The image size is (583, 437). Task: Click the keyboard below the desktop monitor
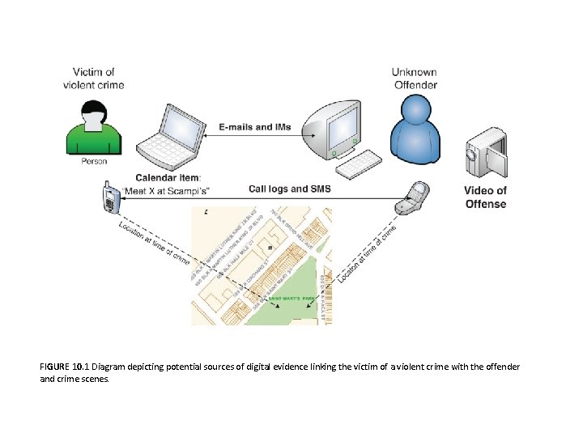(359, 164)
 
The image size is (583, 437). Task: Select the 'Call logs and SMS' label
(289, 189)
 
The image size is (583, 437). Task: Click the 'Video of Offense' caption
(485, 197)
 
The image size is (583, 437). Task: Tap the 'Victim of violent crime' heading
(93, 78)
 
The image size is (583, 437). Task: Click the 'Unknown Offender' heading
(415, 78)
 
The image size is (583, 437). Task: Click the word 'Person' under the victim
(94, 161)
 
